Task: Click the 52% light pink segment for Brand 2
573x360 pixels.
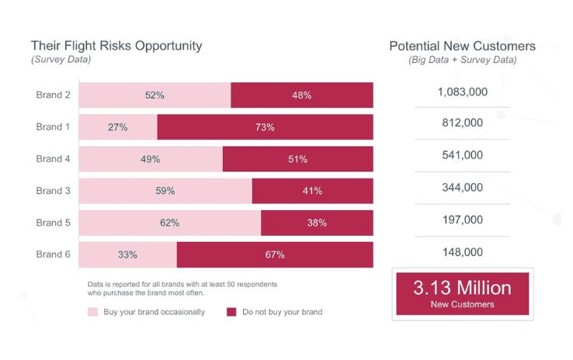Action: coord(155,95)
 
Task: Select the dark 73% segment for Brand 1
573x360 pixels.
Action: coord(266,126)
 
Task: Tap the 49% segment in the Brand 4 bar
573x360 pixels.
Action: coord(151,159)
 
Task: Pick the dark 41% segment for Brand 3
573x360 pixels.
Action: coord(312,191)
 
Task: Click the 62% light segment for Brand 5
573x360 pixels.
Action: coord(170,223)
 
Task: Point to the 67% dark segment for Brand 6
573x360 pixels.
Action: coord(275,254)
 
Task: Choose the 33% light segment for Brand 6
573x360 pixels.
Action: coord(128,254)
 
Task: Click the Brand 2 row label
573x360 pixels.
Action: coord(53,95)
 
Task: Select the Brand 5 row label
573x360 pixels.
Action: coord(53,223)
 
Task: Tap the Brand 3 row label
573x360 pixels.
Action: coord(53,191)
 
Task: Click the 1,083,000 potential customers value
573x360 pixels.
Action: coord(462,92)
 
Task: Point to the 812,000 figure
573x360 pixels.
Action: coord(462,123)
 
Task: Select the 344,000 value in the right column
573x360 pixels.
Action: coord(462,187)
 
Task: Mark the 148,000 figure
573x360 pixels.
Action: coord(462,252)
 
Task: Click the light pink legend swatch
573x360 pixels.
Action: coord(92,312)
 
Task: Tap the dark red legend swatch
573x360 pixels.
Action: coord(231,312)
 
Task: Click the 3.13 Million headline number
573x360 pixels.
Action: coord(462,288)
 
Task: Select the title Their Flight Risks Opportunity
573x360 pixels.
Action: coord(116,46)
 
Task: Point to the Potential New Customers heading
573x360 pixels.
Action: coord(462,46)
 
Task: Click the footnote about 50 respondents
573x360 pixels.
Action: coord(182,289)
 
